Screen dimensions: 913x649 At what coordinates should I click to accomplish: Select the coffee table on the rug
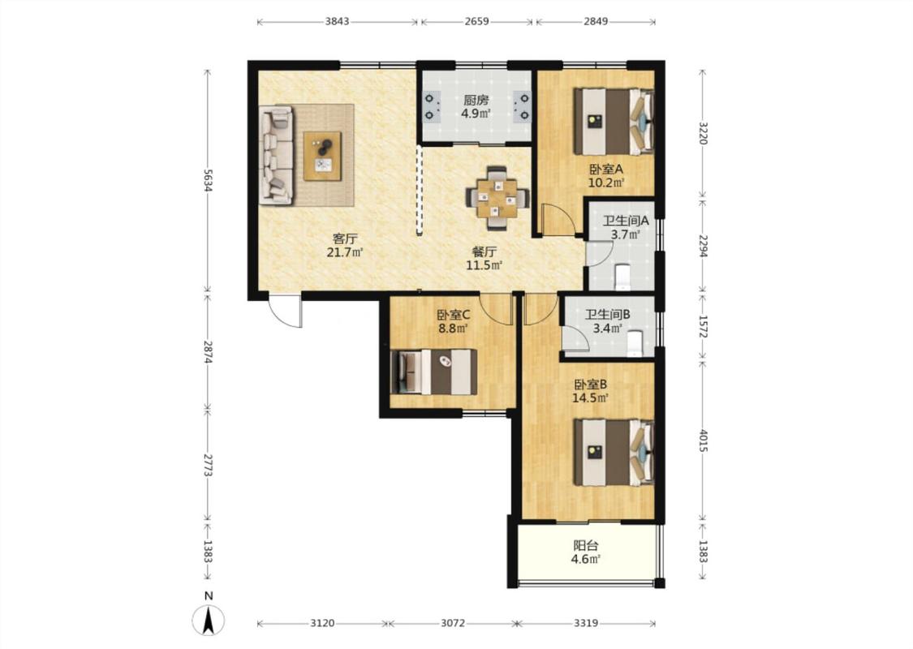pos(322,156)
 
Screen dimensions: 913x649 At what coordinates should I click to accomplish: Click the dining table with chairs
pos(497,198)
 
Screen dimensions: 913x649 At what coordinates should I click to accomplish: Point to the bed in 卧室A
pos(614,121)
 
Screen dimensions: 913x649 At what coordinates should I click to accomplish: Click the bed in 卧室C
pos(434,372)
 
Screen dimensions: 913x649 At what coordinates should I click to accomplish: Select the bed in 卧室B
pos(614,452)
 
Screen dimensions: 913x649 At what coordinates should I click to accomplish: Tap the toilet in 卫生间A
pos(622,277)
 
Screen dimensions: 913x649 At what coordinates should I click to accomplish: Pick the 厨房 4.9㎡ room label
pos(476,106)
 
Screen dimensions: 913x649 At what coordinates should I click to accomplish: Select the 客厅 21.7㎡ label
pos(345,245)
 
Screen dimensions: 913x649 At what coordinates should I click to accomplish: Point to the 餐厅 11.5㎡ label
pos(484,259)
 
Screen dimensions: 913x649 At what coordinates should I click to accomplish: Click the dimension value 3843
pos(337,22)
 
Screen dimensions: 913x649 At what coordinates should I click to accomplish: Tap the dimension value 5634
pos(208,180)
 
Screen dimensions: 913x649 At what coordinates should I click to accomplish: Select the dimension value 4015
pos(703,441)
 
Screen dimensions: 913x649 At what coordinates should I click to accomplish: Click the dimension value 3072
pos(452,623)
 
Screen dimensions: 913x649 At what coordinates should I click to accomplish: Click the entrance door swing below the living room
pos(286,312)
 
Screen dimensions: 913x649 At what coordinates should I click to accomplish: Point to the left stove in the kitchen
pos(431,106)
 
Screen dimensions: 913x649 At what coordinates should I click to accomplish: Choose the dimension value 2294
pos(703,245)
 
